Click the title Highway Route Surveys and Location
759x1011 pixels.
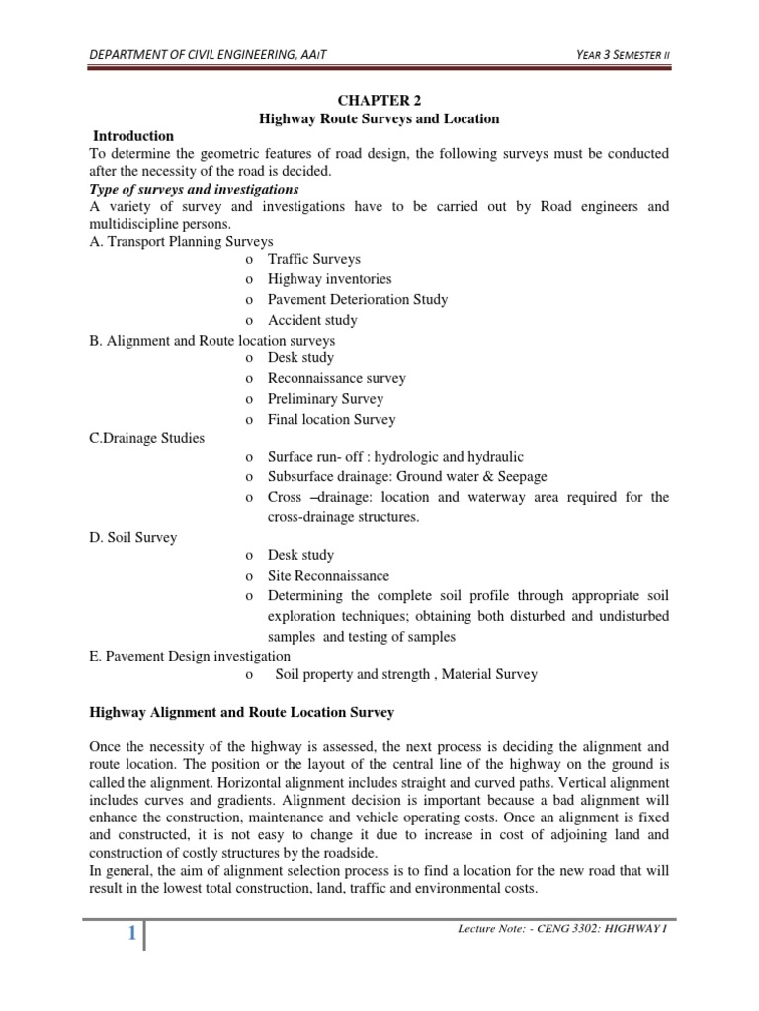tap(379, 118)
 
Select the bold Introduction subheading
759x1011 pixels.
tap(132, 136)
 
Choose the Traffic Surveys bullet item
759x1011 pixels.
tap(314, 260)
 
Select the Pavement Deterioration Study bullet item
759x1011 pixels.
tap(357, 299)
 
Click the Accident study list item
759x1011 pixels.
tap(312, 320)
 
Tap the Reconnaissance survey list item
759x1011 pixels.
tap(336, 378)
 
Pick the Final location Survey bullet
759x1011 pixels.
tap(331, 419)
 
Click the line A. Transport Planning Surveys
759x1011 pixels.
tap(181, 241)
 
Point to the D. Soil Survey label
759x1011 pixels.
tap(131, 537)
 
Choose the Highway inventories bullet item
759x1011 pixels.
tap(329, 279)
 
